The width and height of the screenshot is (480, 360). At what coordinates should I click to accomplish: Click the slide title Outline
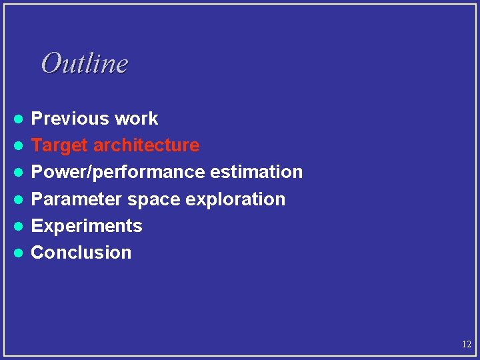point(84,63)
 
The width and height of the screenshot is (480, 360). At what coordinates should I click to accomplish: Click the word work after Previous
point(136,119)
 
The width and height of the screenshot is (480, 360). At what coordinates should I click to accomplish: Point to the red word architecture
point(146,145)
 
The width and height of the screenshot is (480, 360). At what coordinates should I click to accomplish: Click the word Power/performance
point(119,172)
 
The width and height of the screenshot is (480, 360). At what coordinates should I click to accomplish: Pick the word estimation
point(257,172)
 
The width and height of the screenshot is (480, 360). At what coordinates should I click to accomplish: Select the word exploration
point(233,199)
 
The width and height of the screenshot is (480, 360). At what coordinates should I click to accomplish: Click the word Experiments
point(87,226)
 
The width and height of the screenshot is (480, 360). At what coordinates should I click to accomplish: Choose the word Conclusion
point(81,253)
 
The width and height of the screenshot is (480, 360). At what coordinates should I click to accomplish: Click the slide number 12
point(466,345)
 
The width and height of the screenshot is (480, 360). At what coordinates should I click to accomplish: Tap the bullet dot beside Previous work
point(20,119)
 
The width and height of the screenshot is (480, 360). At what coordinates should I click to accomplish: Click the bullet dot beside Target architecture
point(20,145)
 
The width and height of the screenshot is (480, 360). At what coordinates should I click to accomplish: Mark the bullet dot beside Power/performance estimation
point(20,172)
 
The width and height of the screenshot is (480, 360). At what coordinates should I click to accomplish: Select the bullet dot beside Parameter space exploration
point(20,199)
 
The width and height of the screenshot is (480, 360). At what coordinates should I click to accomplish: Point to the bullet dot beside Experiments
point(20,226)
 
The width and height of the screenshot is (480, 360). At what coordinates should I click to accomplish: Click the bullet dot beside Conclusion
point(20,253)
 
